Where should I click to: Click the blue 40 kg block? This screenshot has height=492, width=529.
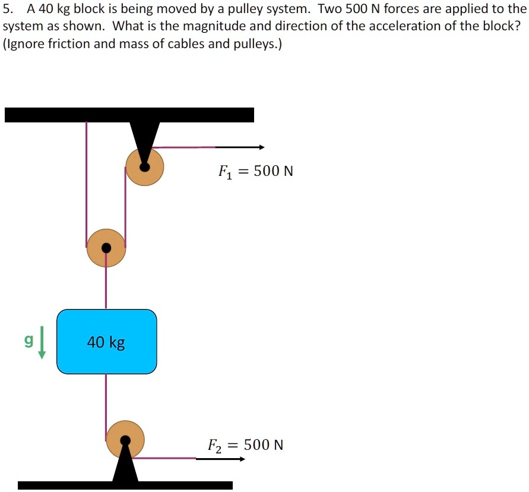click(x=107, y=342)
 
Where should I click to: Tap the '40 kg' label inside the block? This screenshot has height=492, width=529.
click(x=106, y=342)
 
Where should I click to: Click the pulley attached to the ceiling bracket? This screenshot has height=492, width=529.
click(x=145, y=166)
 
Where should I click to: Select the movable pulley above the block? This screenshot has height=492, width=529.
click(x=106, y=248)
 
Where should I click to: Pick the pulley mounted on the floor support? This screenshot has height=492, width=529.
click(x=125, y=440)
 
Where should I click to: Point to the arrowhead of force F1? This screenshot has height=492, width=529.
click(x=261, y=147)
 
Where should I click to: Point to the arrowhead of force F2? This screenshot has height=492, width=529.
click(x=242, y=459)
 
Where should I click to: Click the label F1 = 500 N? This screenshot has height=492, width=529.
click(x=256, y=172)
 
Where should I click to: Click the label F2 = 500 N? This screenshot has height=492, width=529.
click(x=245, y=445)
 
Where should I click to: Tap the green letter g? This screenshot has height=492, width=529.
click(x=27, y=341)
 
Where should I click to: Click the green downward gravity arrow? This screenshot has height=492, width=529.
click(x=42, y=348)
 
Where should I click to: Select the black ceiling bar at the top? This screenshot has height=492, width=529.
click(x=129, y=115)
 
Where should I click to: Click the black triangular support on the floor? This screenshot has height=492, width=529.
click(x=125, y=466)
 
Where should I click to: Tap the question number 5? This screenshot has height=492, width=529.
click(x=7, y=10)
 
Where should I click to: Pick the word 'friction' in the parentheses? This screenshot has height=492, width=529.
click(x=64, y=45)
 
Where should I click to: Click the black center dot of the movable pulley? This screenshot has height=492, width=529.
click(x=106, y=248)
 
